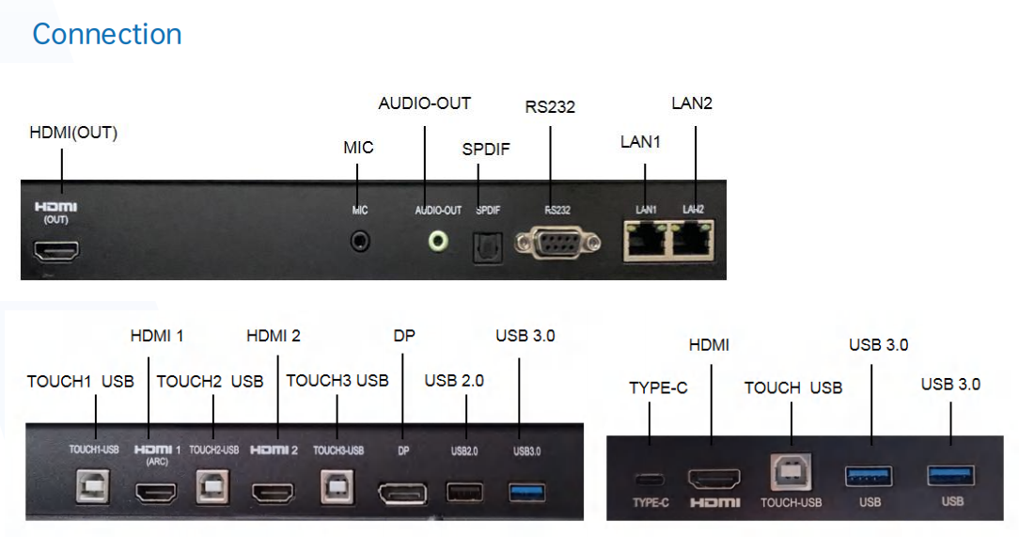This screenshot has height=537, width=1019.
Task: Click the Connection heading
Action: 106,34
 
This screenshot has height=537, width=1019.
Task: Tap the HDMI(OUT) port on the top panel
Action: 57,250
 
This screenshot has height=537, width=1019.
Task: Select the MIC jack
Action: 360,242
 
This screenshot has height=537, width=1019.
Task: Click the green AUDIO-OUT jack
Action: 437,241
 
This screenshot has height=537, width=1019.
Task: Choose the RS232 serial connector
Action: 557,245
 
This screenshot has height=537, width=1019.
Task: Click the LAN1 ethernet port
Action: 646,239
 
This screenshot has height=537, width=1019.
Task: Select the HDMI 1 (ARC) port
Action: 156,491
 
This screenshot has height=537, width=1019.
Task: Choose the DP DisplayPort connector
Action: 401,492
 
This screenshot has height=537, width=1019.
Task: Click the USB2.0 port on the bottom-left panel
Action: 463,491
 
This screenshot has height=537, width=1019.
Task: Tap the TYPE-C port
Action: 650,479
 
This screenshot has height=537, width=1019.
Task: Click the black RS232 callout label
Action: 550,106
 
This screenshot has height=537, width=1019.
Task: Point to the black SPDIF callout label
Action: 486,150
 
